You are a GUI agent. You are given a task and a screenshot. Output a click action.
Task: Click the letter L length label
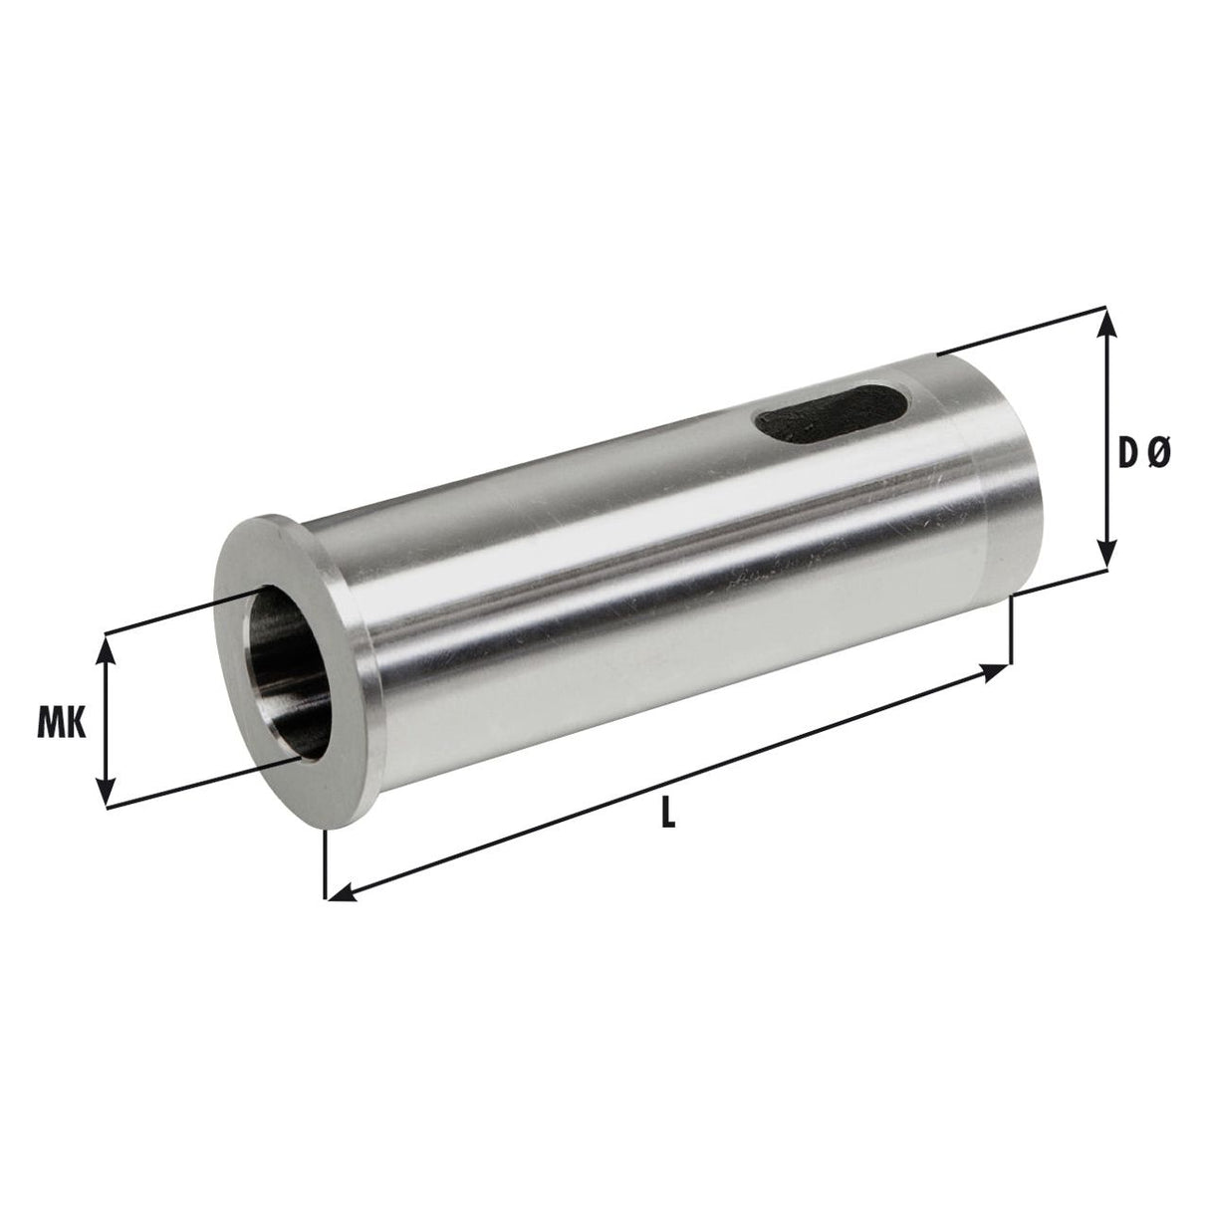click(x=669, y=816)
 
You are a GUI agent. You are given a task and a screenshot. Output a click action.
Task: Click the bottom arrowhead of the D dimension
click(x=1104, y=562)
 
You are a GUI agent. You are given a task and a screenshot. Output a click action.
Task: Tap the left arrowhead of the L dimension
click(x=336, y=894)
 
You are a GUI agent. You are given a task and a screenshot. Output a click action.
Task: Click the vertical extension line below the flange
click(x=325, y=861)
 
